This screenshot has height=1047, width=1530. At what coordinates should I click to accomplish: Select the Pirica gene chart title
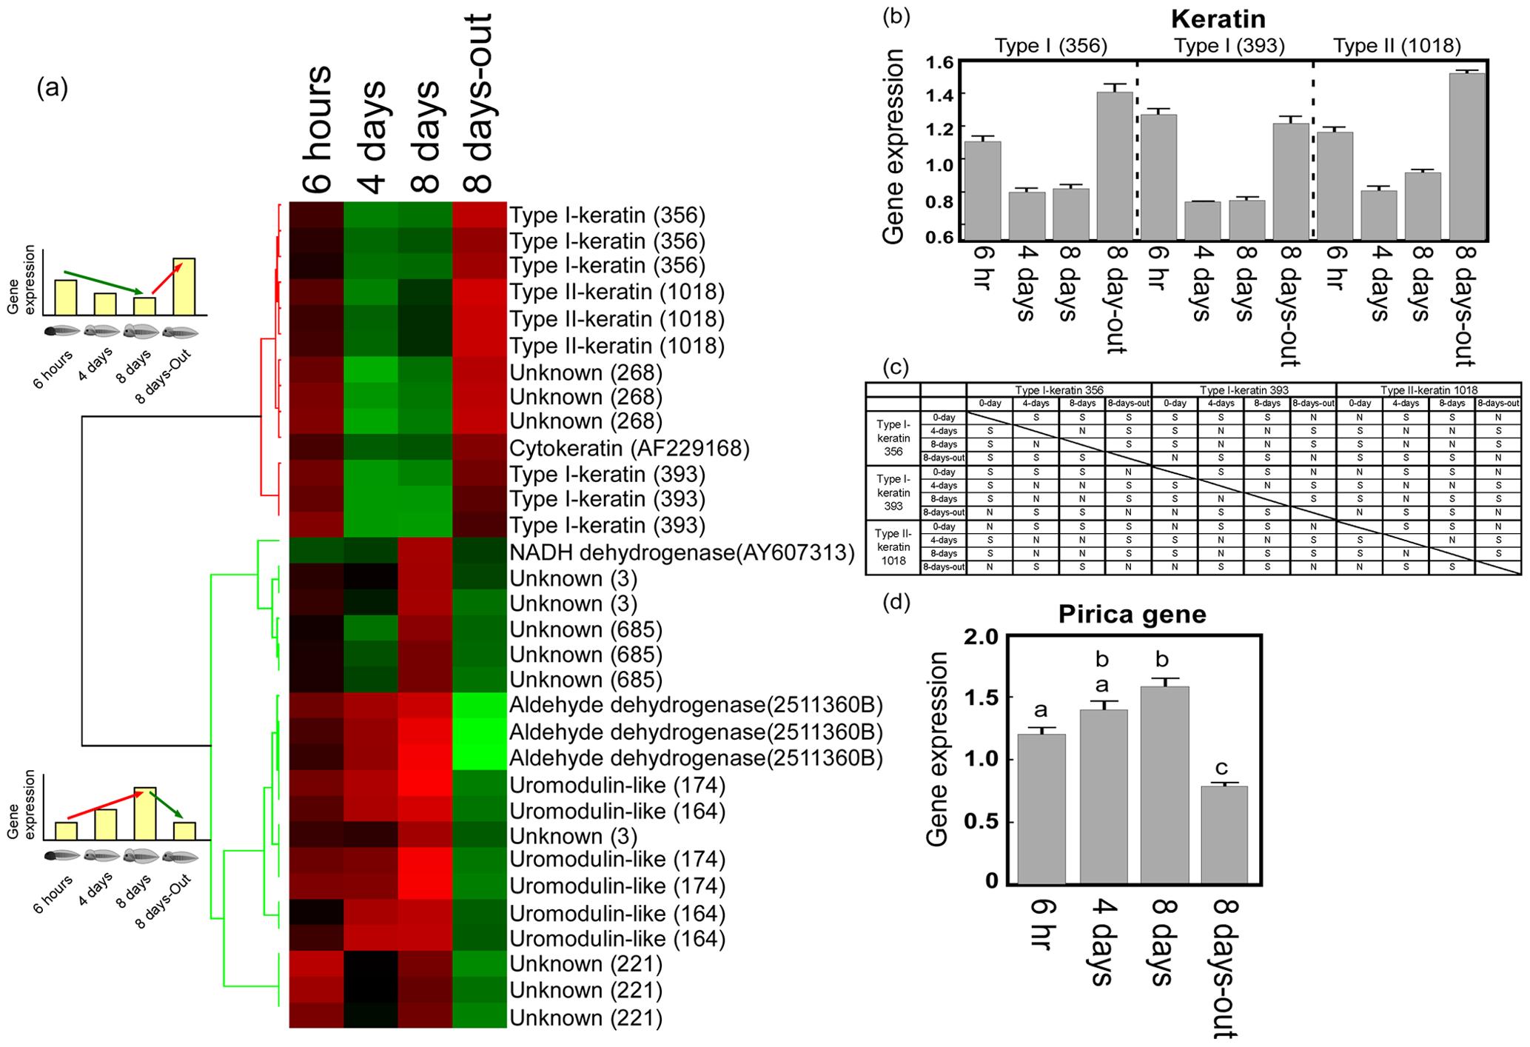[1132, 615]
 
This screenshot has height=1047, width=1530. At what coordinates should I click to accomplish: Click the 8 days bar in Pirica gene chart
[1164, 785]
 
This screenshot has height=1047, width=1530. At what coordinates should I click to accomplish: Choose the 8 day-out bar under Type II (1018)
[1467, 156]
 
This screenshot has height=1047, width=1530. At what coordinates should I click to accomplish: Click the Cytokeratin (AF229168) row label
[629, 448]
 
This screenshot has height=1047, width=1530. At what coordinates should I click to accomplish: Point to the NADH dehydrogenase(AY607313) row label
[682, 552]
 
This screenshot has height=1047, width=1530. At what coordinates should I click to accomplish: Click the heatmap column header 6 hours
[317, 130]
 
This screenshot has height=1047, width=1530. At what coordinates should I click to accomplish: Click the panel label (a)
[52, 88]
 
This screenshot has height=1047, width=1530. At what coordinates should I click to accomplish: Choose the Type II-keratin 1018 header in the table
[1428, 389]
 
